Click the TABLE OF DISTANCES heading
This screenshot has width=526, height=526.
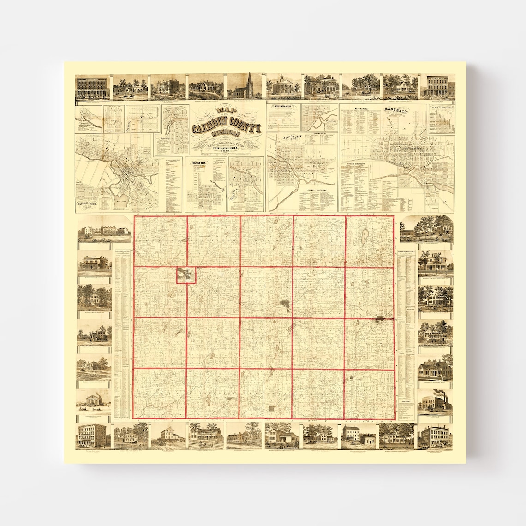coord(441,108)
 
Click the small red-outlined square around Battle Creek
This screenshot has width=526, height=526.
coord(186,275)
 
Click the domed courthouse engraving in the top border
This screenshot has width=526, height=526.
coord(282,86)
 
